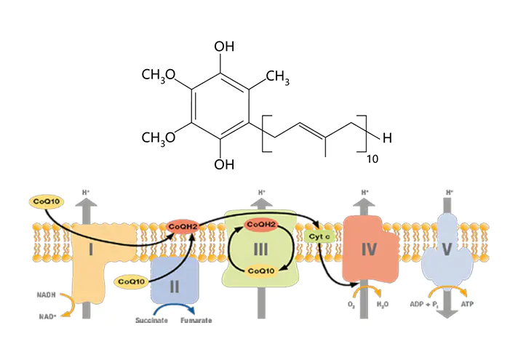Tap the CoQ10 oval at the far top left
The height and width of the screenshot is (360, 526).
[x=46, y=200]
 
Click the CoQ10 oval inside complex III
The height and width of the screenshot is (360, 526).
[x=260, y=271]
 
